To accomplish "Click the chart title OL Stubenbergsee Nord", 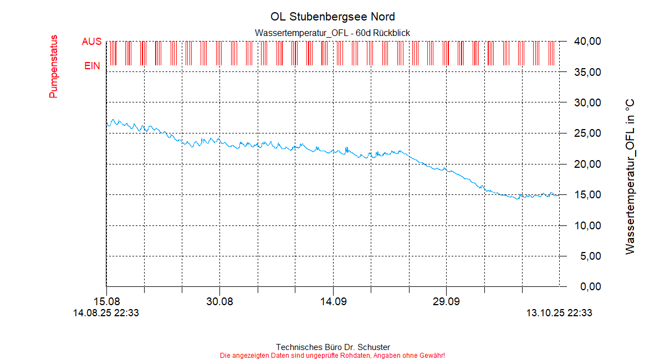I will [x=332, y=17].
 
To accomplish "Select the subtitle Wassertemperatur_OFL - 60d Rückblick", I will [x=332, y=33].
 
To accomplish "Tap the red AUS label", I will [x=91, y=42].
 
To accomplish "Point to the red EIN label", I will [x=93, y=66].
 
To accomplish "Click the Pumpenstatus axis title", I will [x=54, y=66].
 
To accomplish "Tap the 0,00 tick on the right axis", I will [x=590, y=287].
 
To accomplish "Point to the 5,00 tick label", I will [x=590, y=256].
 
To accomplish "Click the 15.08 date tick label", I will [x=106, y=302].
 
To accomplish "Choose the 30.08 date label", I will [x=219, y=302].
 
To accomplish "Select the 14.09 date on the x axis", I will [x=332, y=302].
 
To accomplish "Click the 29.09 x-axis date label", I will [x=446, y=302].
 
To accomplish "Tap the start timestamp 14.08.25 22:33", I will [x=106, y=313].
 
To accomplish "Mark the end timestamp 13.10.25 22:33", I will [x=559, y=313].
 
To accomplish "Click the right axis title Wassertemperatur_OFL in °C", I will [x=630, y=177].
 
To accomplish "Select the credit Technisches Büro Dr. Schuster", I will [x=332, y=347].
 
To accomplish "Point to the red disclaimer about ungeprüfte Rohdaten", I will [x=332, y=355].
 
